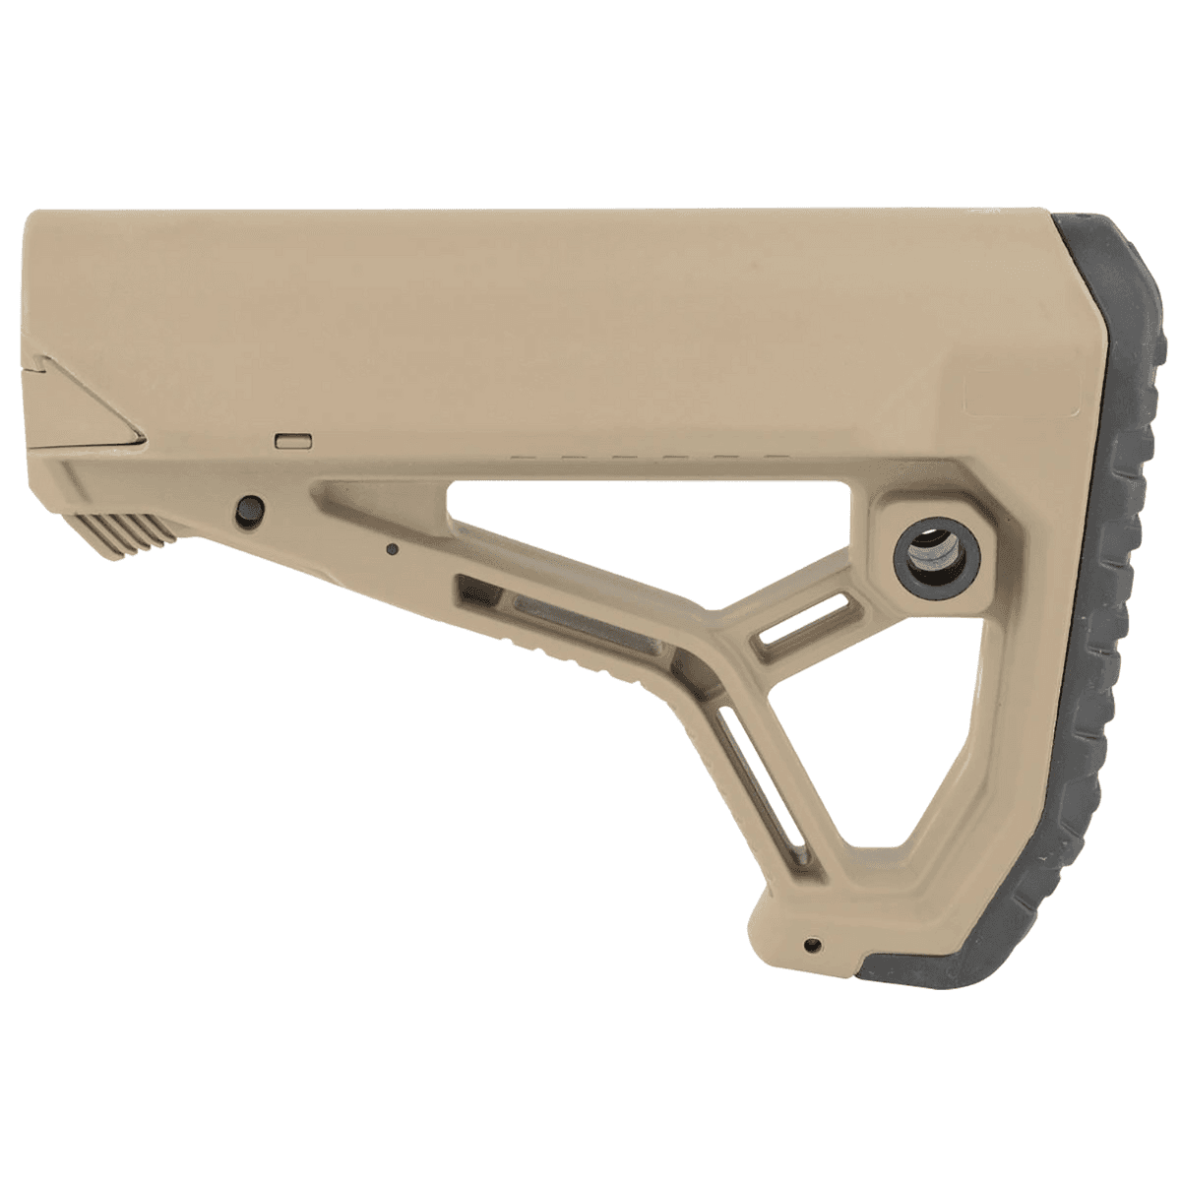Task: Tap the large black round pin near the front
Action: click(x=250, y=508)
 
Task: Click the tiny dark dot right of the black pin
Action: click(x=392, y=549)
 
